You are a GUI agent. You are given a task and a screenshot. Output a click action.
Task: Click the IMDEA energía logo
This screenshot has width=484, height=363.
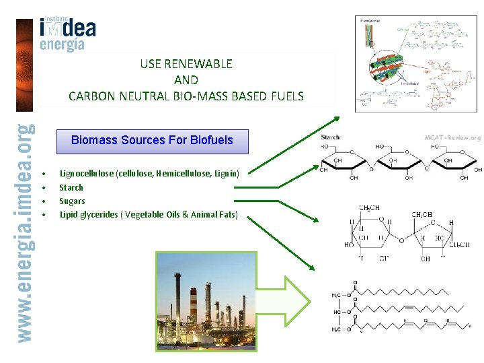coord(67,34)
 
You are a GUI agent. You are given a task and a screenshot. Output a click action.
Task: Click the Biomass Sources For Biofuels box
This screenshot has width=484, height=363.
coord(152,141)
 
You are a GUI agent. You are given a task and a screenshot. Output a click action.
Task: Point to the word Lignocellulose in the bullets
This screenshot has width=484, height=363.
coord(87,174)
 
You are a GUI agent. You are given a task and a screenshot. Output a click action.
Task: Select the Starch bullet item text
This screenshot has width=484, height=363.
coord(71,187)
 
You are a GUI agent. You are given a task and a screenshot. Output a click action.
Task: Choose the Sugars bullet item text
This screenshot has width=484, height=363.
coord(72,201)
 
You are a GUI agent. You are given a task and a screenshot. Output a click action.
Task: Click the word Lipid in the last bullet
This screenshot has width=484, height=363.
coord(69,215)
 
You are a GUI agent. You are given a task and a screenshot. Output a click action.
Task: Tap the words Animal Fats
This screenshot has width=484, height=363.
coord(213,215)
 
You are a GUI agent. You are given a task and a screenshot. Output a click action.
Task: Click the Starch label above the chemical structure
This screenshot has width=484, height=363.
coord(330,137)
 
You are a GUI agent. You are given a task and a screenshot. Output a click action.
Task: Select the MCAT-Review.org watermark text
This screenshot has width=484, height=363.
coord(452,138)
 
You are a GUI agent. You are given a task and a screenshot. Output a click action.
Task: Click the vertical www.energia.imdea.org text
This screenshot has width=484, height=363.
coord(25,232)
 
